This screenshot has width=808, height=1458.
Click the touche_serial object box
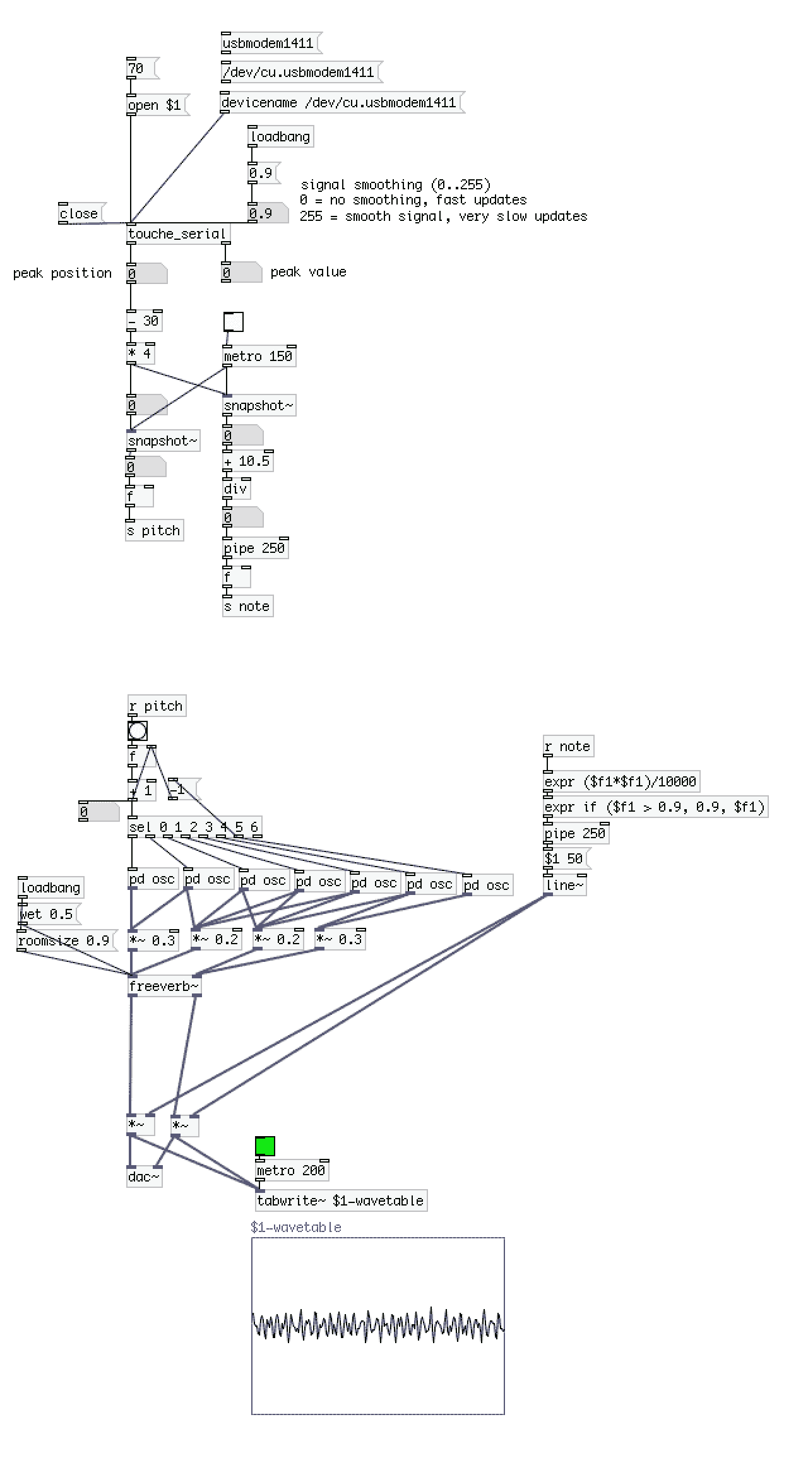178,234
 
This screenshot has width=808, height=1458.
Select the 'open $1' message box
155,105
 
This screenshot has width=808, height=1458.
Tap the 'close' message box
80,213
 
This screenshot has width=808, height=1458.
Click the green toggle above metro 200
265,1146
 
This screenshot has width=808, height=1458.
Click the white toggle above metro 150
234,322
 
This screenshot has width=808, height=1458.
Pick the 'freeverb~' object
164,986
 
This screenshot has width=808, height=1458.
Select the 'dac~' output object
145,1176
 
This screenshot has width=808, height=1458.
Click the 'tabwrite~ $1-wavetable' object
341,1200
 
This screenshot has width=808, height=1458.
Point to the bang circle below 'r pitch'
138,731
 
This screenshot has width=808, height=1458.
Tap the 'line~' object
565,885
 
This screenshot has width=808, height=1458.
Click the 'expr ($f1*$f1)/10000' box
621,782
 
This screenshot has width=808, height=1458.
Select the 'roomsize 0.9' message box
66,940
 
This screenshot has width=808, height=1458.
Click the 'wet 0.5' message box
48,914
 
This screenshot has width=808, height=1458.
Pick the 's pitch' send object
155,531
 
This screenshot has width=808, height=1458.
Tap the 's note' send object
247,607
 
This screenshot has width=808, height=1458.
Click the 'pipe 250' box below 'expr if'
576,833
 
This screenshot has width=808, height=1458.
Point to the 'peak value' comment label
308,272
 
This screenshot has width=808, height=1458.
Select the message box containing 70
141,68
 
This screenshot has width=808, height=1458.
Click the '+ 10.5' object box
247,461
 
